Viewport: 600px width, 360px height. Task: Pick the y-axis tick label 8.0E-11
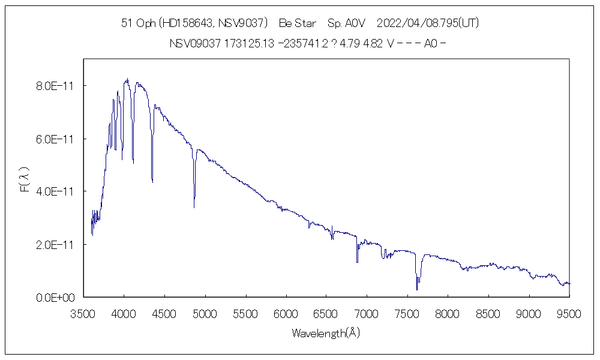tap(55, 86)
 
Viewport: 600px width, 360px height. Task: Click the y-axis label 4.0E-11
tap(55, 191)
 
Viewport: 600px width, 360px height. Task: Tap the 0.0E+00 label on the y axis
tap(55, 297)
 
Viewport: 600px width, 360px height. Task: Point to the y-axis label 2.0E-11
tap(55, 244)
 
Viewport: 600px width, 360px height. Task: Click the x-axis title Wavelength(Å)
tap(326, 332)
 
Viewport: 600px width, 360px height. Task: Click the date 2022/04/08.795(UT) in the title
tap(427, 23)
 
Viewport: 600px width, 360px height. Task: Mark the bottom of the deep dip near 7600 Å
tap(417, 290)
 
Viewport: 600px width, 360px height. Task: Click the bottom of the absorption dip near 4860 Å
tap(194, 207)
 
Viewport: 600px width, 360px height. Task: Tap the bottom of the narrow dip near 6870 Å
tap(357, 262)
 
